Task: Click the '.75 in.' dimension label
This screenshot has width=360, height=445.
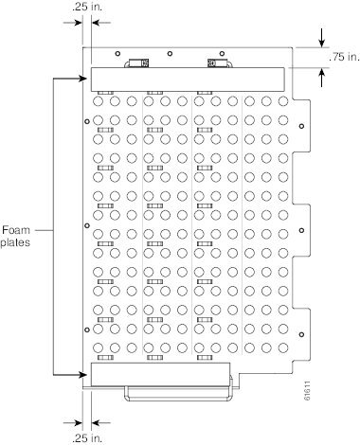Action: [x=344, y=57]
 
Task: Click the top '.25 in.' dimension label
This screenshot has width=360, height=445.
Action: [x=87, y=7]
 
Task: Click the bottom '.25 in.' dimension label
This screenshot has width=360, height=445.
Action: [x=87, y=437]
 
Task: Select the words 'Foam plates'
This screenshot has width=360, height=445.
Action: [x=15, y=236]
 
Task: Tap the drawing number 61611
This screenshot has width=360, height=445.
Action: [x=307, y=391]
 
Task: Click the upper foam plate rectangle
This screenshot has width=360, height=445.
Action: [x=188, y=80]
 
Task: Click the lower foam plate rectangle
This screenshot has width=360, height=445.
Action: [x=160, y=374]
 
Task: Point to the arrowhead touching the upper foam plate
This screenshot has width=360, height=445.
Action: [x=83, y=79]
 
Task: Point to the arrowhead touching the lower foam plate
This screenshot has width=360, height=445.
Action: [x=83, y=375]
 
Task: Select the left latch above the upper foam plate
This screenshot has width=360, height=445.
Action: [x=136, y=63]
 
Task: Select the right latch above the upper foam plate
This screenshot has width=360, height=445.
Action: [x=220, y=63]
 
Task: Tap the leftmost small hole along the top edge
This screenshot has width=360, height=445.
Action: [x=117, y=54]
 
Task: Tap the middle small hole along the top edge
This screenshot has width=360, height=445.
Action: [x=170, y=54]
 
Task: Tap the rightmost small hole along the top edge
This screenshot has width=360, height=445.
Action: [x=222, y=54]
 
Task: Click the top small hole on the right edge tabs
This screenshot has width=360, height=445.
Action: [x=301, y=126]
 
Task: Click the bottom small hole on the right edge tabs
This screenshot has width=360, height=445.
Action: [x=301, y=334]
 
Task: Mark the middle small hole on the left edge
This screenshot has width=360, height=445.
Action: [x=87, y=225]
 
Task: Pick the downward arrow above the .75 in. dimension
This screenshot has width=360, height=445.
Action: [x=322, y=38]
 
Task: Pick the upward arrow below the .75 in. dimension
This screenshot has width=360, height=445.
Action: [x=322, y=78]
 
